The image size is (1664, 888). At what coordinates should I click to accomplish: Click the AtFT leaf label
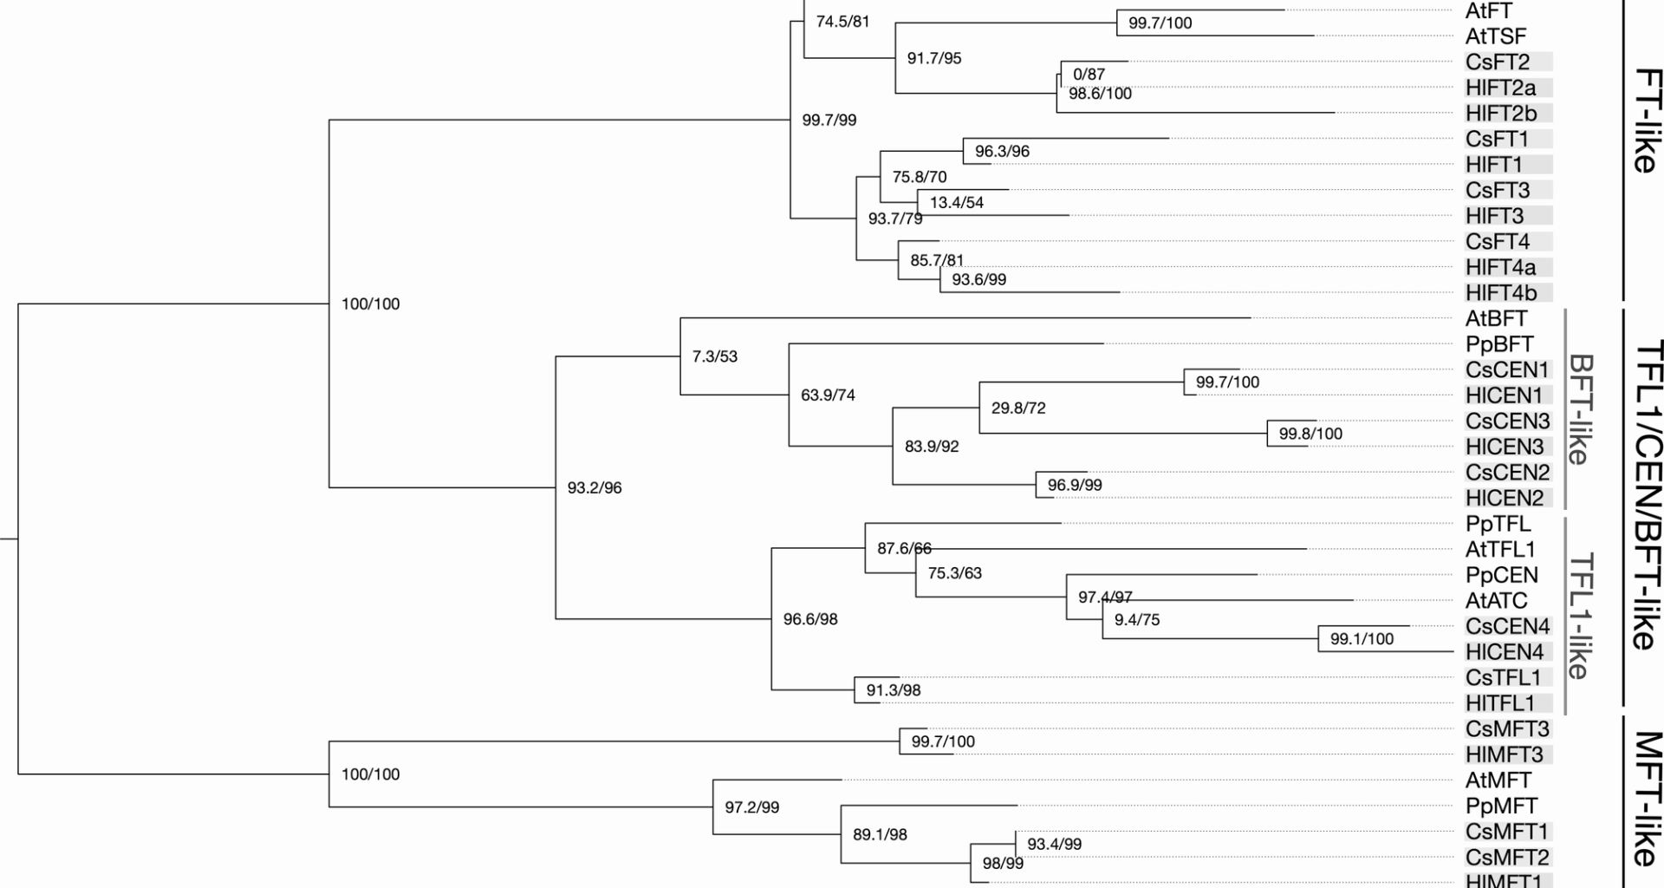1489,11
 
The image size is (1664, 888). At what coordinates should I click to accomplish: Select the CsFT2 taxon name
1498,62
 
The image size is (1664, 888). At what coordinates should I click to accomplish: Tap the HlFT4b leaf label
1501,293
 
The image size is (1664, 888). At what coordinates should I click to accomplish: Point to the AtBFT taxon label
1496,318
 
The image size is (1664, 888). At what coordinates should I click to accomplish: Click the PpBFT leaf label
1499,344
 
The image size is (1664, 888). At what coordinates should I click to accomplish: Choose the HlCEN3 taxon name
1505,447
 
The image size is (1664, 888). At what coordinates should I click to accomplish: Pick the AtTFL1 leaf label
1500,549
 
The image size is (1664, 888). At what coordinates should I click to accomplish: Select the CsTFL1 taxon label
1504,677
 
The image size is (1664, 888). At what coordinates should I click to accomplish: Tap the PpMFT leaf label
1501,806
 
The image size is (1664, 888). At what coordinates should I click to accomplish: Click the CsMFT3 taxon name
1507,728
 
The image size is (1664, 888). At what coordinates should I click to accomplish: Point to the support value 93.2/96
595,488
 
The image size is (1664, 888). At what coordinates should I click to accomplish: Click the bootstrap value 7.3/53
715,356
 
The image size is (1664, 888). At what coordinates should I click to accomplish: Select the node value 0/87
1089,75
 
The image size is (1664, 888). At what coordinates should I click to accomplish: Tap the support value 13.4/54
957,203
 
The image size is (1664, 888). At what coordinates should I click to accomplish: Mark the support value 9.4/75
1137,620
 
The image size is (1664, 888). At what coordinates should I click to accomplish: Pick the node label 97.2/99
752,807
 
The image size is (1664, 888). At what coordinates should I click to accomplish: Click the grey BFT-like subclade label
1580,408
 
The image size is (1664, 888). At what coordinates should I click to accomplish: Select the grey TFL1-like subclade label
1580,616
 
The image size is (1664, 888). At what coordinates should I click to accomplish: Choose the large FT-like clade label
1644,121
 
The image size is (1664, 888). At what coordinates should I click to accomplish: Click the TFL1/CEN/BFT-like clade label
1646,495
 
